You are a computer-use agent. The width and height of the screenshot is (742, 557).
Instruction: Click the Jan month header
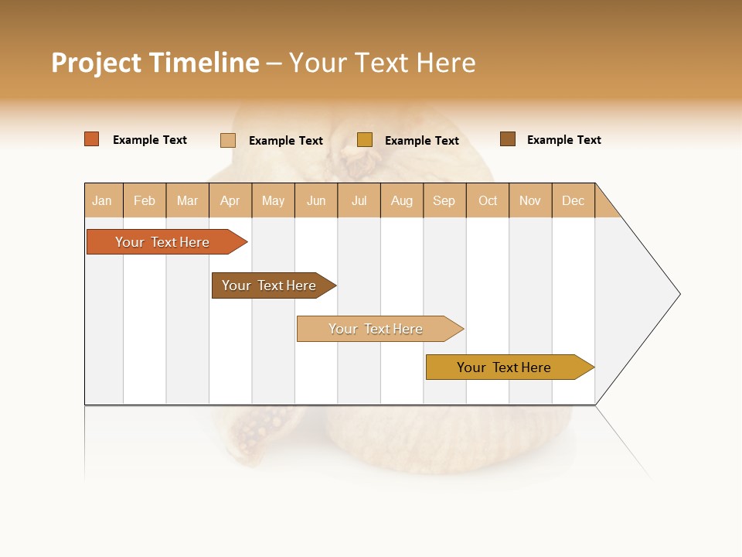click(x=103, y=200)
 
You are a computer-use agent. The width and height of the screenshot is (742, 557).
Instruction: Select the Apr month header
click(x=230, y=200)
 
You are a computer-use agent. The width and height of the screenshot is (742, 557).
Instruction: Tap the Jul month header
click(x=359, y=200)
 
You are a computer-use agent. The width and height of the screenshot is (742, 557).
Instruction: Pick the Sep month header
click(x=444, y=200)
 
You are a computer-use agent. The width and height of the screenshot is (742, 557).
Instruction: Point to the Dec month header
click(x=573, y=200)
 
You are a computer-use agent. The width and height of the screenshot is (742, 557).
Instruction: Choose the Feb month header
click(x=145, y=200)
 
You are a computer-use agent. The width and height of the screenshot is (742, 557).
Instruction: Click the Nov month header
click(x=530, y=200)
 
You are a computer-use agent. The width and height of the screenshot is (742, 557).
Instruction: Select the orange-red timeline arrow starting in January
click(x=162, y=242)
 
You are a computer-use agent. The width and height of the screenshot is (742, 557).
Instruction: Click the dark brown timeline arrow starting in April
click(x=269, y=285)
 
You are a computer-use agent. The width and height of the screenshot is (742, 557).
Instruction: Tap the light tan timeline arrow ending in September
click(x=376, y=329)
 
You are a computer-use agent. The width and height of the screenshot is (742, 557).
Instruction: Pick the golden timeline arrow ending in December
click(x=504, y=367)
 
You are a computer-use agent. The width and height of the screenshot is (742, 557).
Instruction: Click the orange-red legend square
click(x=91, y=139)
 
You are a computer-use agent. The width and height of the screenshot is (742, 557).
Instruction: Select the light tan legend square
click(x=227, y=140)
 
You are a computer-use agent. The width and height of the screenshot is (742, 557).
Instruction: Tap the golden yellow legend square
click(x=364, y=139)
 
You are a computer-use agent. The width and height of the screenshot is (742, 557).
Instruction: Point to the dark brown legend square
click(x=507, y=138)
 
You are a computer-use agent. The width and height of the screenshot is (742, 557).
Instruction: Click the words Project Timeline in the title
click(x=155, y=62)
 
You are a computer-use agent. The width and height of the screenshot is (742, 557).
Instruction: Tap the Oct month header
click(x=488, y=200)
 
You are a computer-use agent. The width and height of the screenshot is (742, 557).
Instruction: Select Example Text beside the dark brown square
click(x=563, y=140)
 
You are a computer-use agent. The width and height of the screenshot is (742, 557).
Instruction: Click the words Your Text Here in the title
click(x=382, y=62)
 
